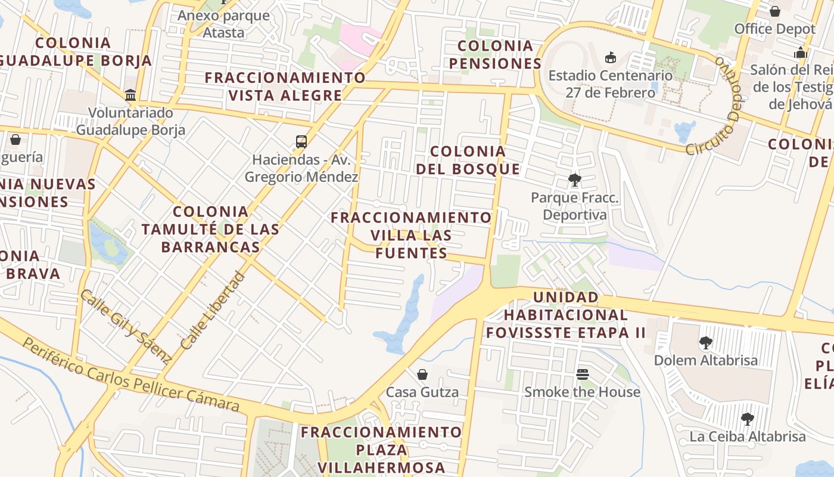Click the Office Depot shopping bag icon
[775, 11]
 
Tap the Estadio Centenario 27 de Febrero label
[610, 84]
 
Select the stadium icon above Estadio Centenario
[610, 58]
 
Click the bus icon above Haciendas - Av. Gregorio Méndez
[301, 142]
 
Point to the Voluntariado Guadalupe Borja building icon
[130, 95]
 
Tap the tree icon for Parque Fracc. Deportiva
[575, 179]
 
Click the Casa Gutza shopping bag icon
[422, 374]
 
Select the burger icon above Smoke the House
[582, 374]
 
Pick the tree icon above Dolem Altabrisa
[706, 343]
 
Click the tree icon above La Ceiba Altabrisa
[748, 419]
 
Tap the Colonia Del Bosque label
[468, 160]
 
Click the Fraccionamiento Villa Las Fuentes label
[411, 235]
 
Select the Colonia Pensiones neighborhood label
[495, 55]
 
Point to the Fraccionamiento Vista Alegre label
[285, 86]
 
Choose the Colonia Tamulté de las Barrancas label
[210, 229]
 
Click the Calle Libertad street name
[213, 311]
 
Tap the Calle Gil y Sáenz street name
[126, 326]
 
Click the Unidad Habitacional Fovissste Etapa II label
[565, 315]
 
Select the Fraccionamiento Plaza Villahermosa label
[381, 450]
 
